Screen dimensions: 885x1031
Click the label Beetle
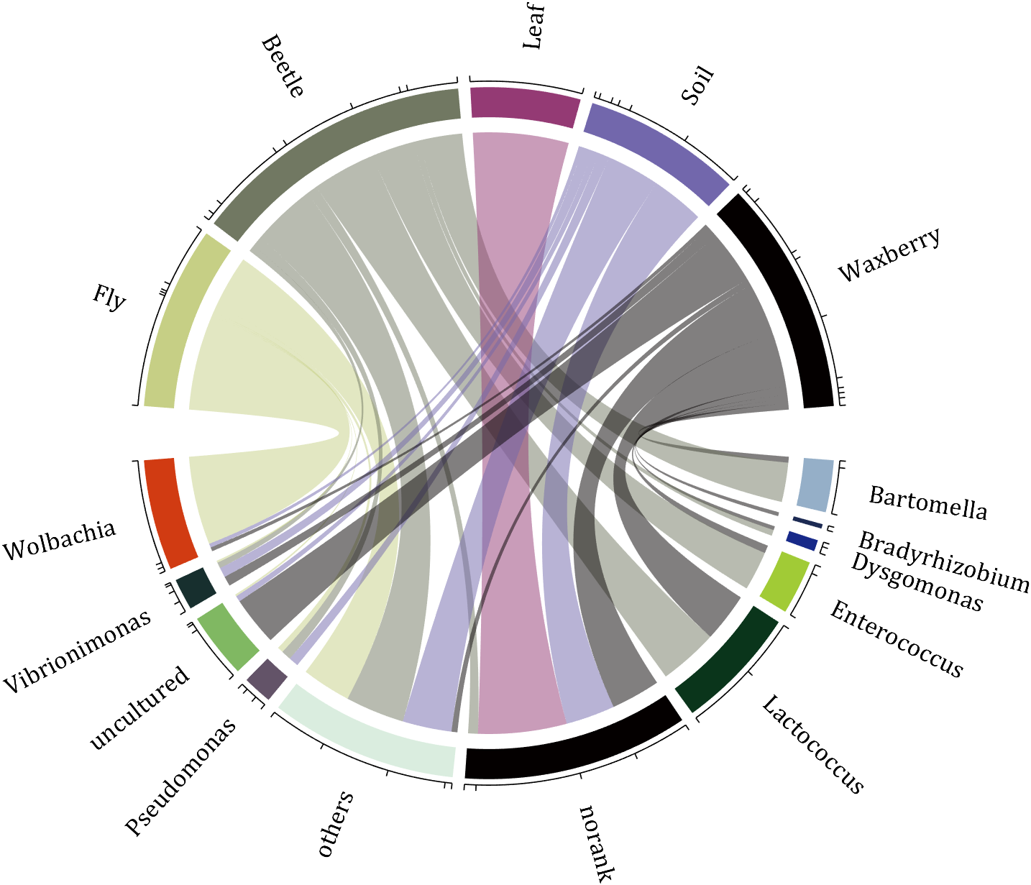point(283,66)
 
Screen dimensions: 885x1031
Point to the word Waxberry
point(889,255)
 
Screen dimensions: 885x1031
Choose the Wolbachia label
point(59,541)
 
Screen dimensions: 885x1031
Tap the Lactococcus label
point(812,744)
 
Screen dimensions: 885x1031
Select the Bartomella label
point(927,503)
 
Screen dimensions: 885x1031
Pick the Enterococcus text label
point(896,639)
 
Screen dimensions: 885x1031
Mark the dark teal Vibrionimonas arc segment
point(196,587)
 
